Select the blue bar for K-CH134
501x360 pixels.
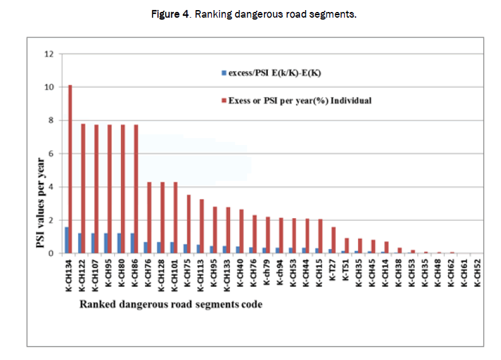pyautogui.click(x=66, y=240)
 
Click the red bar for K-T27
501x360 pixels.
pyautogui.click(x=333, y=240)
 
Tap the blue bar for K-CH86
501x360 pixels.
pyautogui.click(x=132, y=243)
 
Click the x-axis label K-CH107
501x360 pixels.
pyautogui.click(x=95, y=275)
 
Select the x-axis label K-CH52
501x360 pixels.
pyautogui.click(x=477, y=274)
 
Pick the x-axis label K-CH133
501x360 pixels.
pyautogui.click(x=226, y=275)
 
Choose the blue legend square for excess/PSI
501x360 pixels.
pyautogui.click(x=224, y=74)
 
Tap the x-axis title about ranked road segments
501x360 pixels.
pyautogui.click(x=170, y=305)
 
